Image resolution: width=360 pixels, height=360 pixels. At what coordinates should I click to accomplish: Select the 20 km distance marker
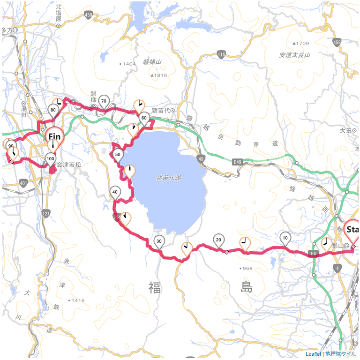point(218,240)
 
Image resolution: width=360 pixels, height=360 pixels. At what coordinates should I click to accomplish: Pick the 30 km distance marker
point(159,241)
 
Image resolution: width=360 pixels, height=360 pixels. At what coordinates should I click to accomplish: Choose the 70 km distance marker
point(104,101)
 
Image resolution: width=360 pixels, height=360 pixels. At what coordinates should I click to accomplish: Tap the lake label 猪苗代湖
point(169,178)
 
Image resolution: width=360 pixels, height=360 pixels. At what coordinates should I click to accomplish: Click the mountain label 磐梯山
point(152,62)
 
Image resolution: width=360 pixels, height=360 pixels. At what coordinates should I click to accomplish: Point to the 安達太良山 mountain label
point(295,55)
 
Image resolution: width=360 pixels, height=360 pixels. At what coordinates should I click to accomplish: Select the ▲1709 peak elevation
point(300,43)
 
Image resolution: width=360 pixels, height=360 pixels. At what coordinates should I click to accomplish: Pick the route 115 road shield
point(222,55)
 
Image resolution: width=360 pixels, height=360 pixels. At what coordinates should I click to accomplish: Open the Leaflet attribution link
point(313,354)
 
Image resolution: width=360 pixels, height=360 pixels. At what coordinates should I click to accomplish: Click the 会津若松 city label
point(69,165)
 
